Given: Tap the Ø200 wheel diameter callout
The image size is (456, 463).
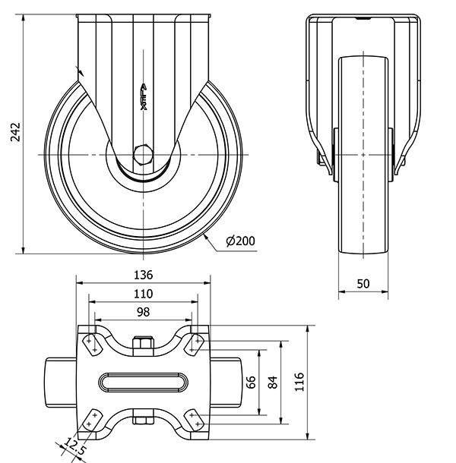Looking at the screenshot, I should (x=240, y=241).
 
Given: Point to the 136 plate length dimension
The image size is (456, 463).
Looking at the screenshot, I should (x=144, y=274).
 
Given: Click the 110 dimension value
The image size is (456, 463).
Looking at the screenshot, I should (x=144, y=294).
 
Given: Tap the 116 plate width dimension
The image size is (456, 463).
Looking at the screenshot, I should (x=299, y=382).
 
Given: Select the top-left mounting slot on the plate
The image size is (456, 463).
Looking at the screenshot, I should (x=93, y=343).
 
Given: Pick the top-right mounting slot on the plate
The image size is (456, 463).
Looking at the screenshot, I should (x=195, y=343).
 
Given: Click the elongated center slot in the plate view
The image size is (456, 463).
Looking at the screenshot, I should (x=144, y=381).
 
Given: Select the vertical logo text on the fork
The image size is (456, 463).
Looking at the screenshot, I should (x=144, y=97).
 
